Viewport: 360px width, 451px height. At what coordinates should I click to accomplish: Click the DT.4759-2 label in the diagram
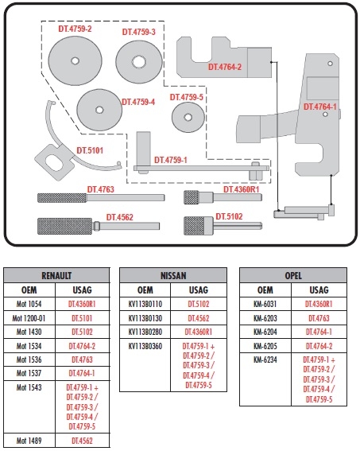[x=75, y=29]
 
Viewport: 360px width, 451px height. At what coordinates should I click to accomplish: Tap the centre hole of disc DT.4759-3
[x=139, y=61]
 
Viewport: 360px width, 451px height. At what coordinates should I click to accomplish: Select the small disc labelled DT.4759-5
[x=188, y=117]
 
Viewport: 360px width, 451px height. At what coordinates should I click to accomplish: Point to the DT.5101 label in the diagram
[x=90, y=150]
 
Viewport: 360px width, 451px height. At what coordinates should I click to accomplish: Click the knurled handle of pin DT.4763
[x=62, y=198]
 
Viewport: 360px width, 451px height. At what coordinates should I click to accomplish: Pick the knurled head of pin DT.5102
[x=198, y=226]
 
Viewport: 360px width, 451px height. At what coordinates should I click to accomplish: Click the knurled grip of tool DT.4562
[x=64, y=226]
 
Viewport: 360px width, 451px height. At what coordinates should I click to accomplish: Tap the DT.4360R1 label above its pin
[x=242, y=189]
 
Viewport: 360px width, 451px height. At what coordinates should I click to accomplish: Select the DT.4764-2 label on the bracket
[x=225, y=67]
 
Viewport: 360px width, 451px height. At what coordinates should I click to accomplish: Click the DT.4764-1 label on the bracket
[x=320, y=107]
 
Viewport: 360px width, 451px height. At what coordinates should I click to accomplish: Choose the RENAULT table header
[x=56, y=275]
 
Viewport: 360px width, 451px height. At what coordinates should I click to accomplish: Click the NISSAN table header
[x=173, y=275]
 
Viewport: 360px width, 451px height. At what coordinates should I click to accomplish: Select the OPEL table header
[x=293, y=275]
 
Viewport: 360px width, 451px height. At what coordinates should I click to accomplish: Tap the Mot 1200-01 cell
[x=29, y=318]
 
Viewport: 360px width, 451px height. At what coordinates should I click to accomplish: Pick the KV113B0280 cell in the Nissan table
[x=145, y=332]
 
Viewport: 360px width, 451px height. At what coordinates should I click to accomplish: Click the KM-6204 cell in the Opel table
[x=265, y=332]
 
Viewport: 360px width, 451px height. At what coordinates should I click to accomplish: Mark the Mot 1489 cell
[x=29, y=441]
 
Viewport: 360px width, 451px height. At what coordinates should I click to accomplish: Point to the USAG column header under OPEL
[x=319, y=290]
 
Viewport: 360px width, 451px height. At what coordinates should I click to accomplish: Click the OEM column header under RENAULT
[x=29, y=290]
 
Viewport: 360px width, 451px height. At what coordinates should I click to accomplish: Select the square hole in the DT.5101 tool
[x=55, y=162]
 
